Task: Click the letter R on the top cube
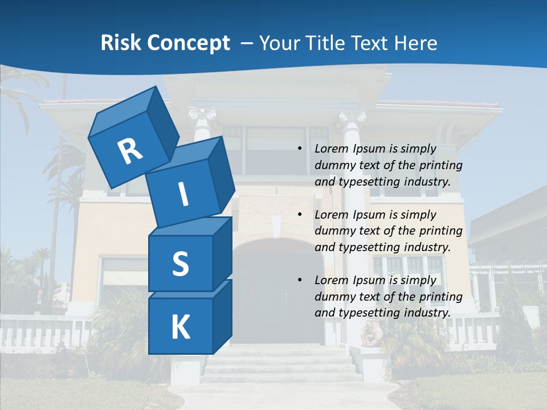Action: tap(130, 151)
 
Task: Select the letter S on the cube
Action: tap(180, 264)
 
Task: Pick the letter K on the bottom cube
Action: tap(180, 327)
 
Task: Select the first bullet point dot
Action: tap(300, 149)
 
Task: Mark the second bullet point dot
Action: tap(300, 215)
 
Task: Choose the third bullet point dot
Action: tap(300, 281)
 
